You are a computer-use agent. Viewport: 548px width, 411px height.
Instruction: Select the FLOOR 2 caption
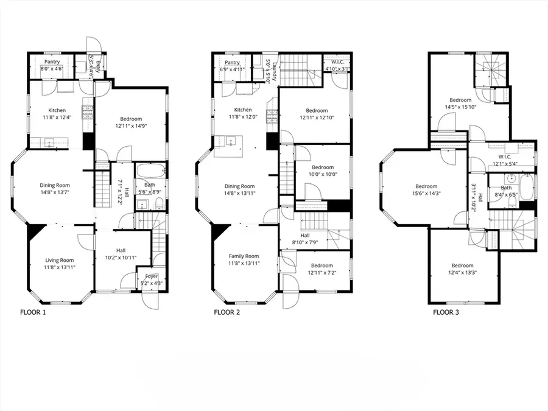[x=227, y=313]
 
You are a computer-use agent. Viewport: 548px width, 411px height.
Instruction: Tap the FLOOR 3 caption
[x=446, y=313]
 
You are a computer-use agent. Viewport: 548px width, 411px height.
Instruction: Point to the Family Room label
[x=244, y=256]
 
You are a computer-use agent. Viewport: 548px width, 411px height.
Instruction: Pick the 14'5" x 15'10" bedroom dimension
[x=460, y=108]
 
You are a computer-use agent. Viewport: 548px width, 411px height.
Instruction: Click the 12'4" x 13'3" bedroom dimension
[x=462, y=273]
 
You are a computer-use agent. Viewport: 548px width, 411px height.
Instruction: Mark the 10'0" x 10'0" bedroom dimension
[x=323, y=175]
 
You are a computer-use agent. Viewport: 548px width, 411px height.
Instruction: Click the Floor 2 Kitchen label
[x=239, y=110]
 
